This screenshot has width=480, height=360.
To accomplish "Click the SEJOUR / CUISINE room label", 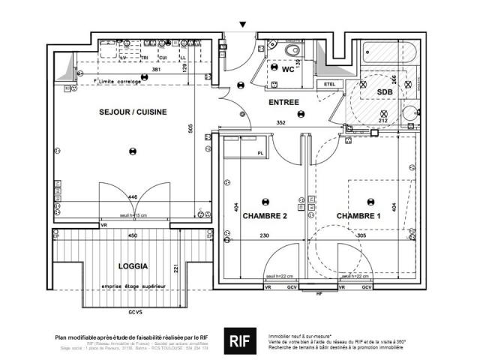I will point(133,112).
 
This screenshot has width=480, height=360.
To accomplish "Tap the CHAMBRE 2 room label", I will point(264,216).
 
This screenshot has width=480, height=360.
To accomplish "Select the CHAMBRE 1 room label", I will point(358,216).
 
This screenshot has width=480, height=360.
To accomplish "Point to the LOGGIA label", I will point(133,266).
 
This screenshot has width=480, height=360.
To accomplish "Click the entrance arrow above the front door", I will point(241,25).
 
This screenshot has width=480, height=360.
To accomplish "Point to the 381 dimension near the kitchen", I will point(157,70).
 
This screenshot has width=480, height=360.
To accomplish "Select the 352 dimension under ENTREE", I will point(281,122).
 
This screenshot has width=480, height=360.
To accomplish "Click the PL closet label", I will point(260,153).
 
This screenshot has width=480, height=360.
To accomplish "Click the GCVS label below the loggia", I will point(135,310).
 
